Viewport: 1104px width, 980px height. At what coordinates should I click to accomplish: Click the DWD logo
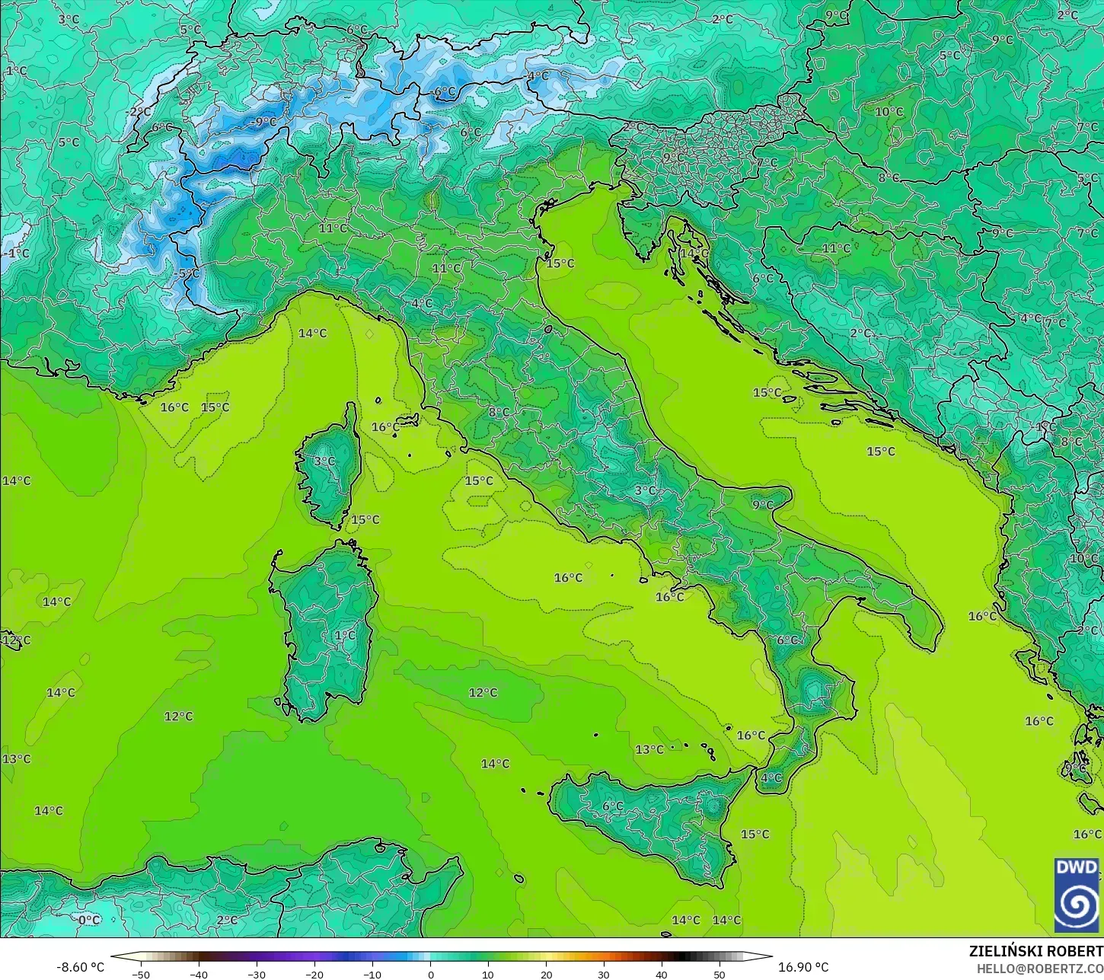tap(1077, 894)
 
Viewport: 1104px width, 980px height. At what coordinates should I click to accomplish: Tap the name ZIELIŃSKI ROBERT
tap(1035, 952)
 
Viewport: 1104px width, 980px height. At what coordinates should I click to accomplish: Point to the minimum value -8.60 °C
tap(80, 967)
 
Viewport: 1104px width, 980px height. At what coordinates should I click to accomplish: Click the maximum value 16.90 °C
tap(803, 967)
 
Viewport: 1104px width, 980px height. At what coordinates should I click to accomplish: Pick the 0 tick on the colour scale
tap(430, 974)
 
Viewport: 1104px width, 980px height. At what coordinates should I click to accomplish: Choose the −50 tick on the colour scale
tap(140, 974)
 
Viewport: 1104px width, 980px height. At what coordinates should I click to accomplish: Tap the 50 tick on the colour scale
tap(720, 974)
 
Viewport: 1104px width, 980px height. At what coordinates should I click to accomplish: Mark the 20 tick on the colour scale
tap(546, 974)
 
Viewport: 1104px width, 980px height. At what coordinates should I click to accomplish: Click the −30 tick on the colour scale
tap(256, 974)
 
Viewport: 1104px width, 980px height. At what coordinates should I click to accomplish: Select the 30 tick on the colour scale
tap(604, 974)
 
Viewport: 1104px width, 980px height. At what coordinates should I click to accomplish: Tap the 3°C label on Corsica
tap(324, 461)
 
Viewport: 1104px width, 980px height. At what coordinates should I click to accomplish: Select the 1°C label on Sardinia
tap(345, 635)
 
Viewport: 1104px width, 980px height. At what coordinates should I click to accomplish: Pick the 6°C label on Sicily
tap(612, 806)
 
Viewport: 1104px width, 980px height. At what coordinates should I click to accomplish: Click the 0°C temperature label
tap(89, 919)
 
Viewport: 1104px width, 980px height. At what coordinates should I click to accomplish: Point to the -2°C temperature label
tap(139, 111)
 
